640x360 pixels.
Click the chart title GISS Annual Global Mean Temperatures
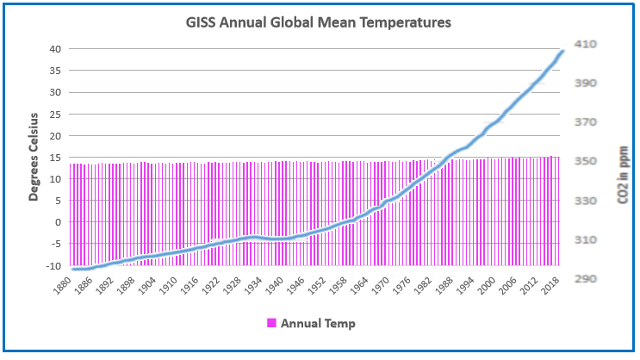click(x=320, y=23)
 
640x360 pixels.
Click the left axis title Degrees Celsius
click(x=34, y=156)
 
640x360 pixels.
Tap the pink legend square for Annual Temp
click(x=272, y=323)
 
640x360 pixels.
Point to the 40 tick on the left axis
click(x=53, y=49)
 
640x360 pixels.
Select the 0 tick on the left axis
click(x=57, y=222)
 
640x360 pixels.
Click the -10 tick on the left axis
click(x=53, y=266)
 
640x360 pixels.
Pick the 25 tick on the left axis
click(x=53, y=114)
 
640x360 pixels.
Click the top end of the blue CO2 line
click(x=563, y=51)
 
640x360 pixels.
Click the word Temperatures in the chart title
click(x=401, y=23)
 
